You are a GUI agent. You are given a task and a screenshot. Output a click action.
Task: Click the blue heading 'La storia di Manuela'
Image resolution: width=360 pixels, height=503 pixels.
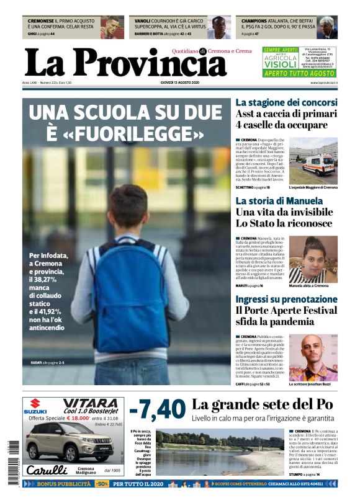pos(279,201)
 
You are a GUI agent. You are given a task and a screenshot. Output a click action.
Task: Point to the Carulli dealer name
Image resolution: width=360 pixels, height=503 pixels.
pos(47,470)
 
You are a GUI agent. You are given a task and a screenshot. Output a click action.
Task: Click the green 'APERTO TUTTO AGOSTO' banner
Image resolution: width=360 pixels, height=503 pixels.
pos(300,73)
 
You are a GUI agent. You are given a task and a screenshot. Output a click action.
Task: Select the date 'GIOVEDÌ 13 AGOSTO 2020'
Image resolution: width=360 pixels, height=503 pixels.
pos(180,82)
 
